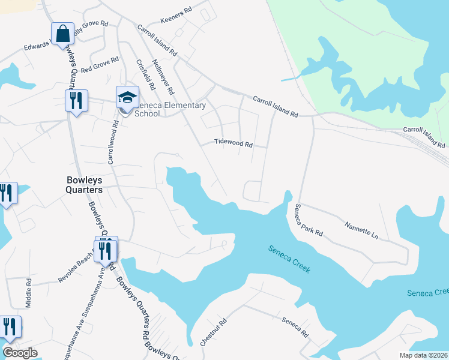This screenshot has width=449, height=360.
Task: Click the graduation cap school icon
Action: click(x=127, y=97)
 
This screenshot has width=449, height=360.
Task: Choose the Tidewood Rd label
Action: click(x=234, y=144)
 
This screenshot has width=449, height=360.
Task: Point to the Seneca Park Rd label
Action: click(x=309, y=220)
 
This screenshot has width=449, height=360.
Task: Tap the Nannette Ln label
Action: click(x=361, y=230)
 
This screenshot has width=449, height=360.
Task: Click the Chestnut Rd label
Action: click(x=214, y=332)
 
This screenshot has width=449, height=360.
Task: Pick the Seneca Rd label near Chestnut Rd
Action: click(x=295, y=328)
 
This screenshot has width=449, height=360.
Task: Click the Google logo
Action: click(x=20, y=353)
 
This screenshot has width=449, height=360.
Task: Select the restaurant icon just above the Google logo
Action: click(x=10, y=328)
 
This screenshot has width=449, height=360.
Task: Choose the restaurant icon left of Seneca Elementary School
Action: click(x=76, y=101)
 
